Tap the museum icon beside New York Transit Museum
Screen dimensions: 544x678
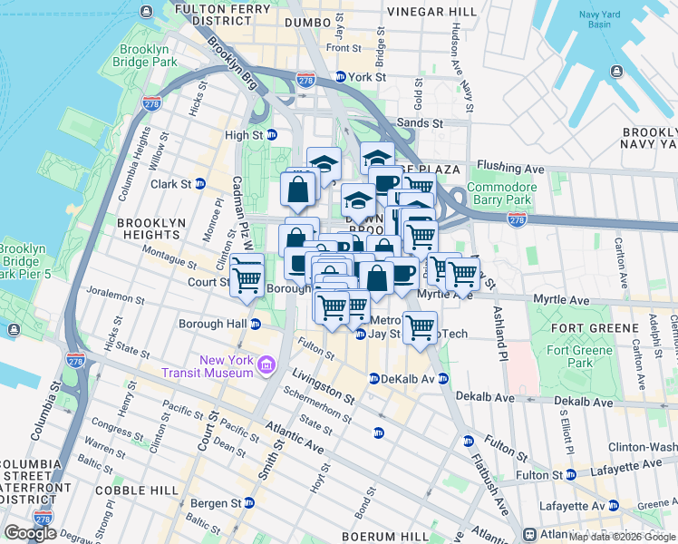click(266, 365)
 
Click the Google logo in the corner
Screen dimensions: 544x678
click(30, 533)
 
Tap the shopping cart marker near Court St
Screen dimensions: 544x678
click(247, 276)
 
